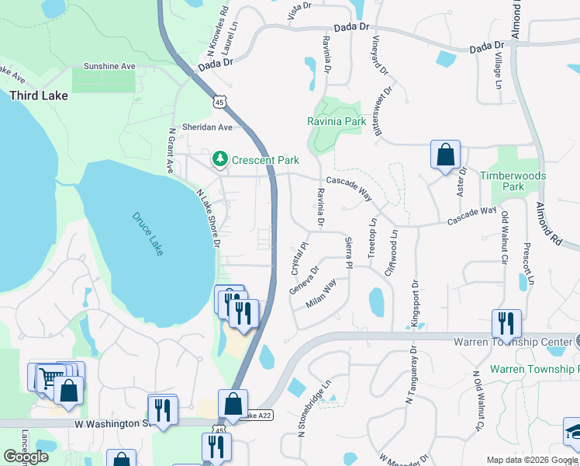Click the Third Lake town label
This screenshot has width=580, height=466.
coord(39,96)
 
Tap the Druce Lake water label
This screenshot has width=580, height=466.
coord(147,233)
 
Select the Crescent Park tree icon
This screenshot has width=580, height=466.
coord(221,160)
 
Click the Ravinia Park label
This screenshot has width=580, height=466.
coord(335,122)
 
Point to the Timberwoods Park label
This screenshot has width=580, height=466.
coord(513,181)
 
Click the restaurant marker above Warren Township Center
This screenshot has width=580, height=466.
coord(506,322)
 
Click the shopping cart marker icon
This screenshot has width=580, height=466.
coord(49,377)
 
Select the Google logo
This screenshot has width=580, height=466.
coord(26,457)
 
